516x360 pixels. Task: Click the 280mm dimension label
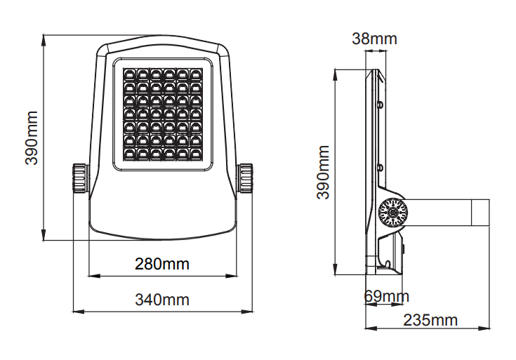coord(162,264)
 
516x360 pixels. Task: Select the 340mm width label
coord(162,300)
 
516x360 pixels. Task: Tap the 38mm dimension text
coord(374,39)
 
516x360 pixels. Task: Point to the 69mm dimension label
coord(386,296)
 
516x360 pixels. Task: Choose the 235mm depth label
coord(430,320)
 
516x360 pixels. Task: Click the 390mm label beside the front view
coord(32,138)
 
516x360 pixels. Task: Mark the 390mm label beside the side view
coord(323,172)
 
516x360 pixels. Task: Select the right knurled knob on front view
coord(245,178)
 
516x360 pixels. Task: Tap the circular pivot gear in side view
coord(392,213)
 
